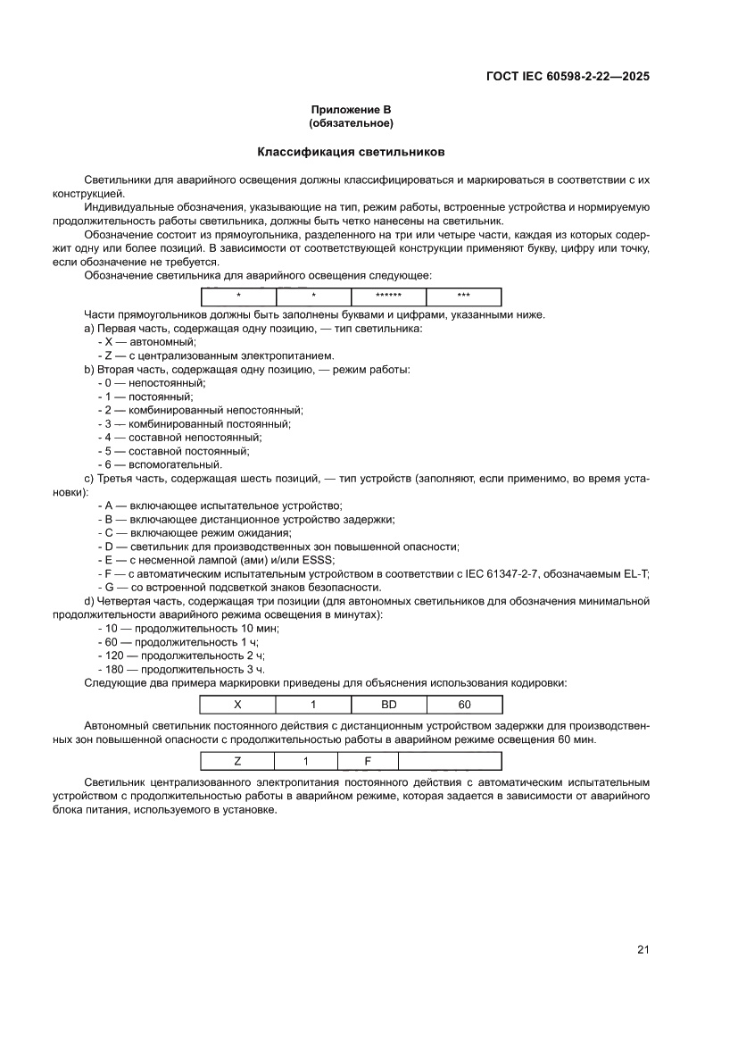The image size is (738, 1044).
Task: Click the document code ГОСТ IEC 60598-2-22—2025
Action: coord(567,76)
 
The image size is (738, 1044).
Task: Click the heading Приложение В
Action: coord(351,109)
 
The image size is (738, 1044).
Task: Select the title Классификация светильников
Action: coord(351,152)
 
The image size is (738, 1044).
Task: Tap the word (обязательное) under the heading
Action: coord(351,122)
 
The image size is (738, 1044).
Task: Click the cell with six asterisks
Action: coord(388,297)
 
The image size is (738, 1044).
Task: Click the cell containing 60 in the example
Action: coord(464,704)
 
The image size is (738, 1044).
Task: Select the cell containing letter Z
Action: coord(237,762)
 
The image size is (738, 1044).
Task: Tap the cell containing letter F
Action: coord(368,762)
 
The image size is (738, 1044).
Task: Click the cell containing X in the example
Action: coord(237,704)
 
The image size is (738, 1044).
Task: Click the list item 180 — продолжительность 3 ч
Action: coord(180,669)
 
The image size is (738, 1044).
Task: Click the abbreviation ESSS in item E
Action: coord(319,560)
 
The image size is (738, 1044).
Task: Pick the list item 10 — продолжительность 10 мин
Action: coord(187,629)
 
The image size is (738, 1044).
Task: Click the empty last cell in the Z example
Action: coord(449,762)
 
